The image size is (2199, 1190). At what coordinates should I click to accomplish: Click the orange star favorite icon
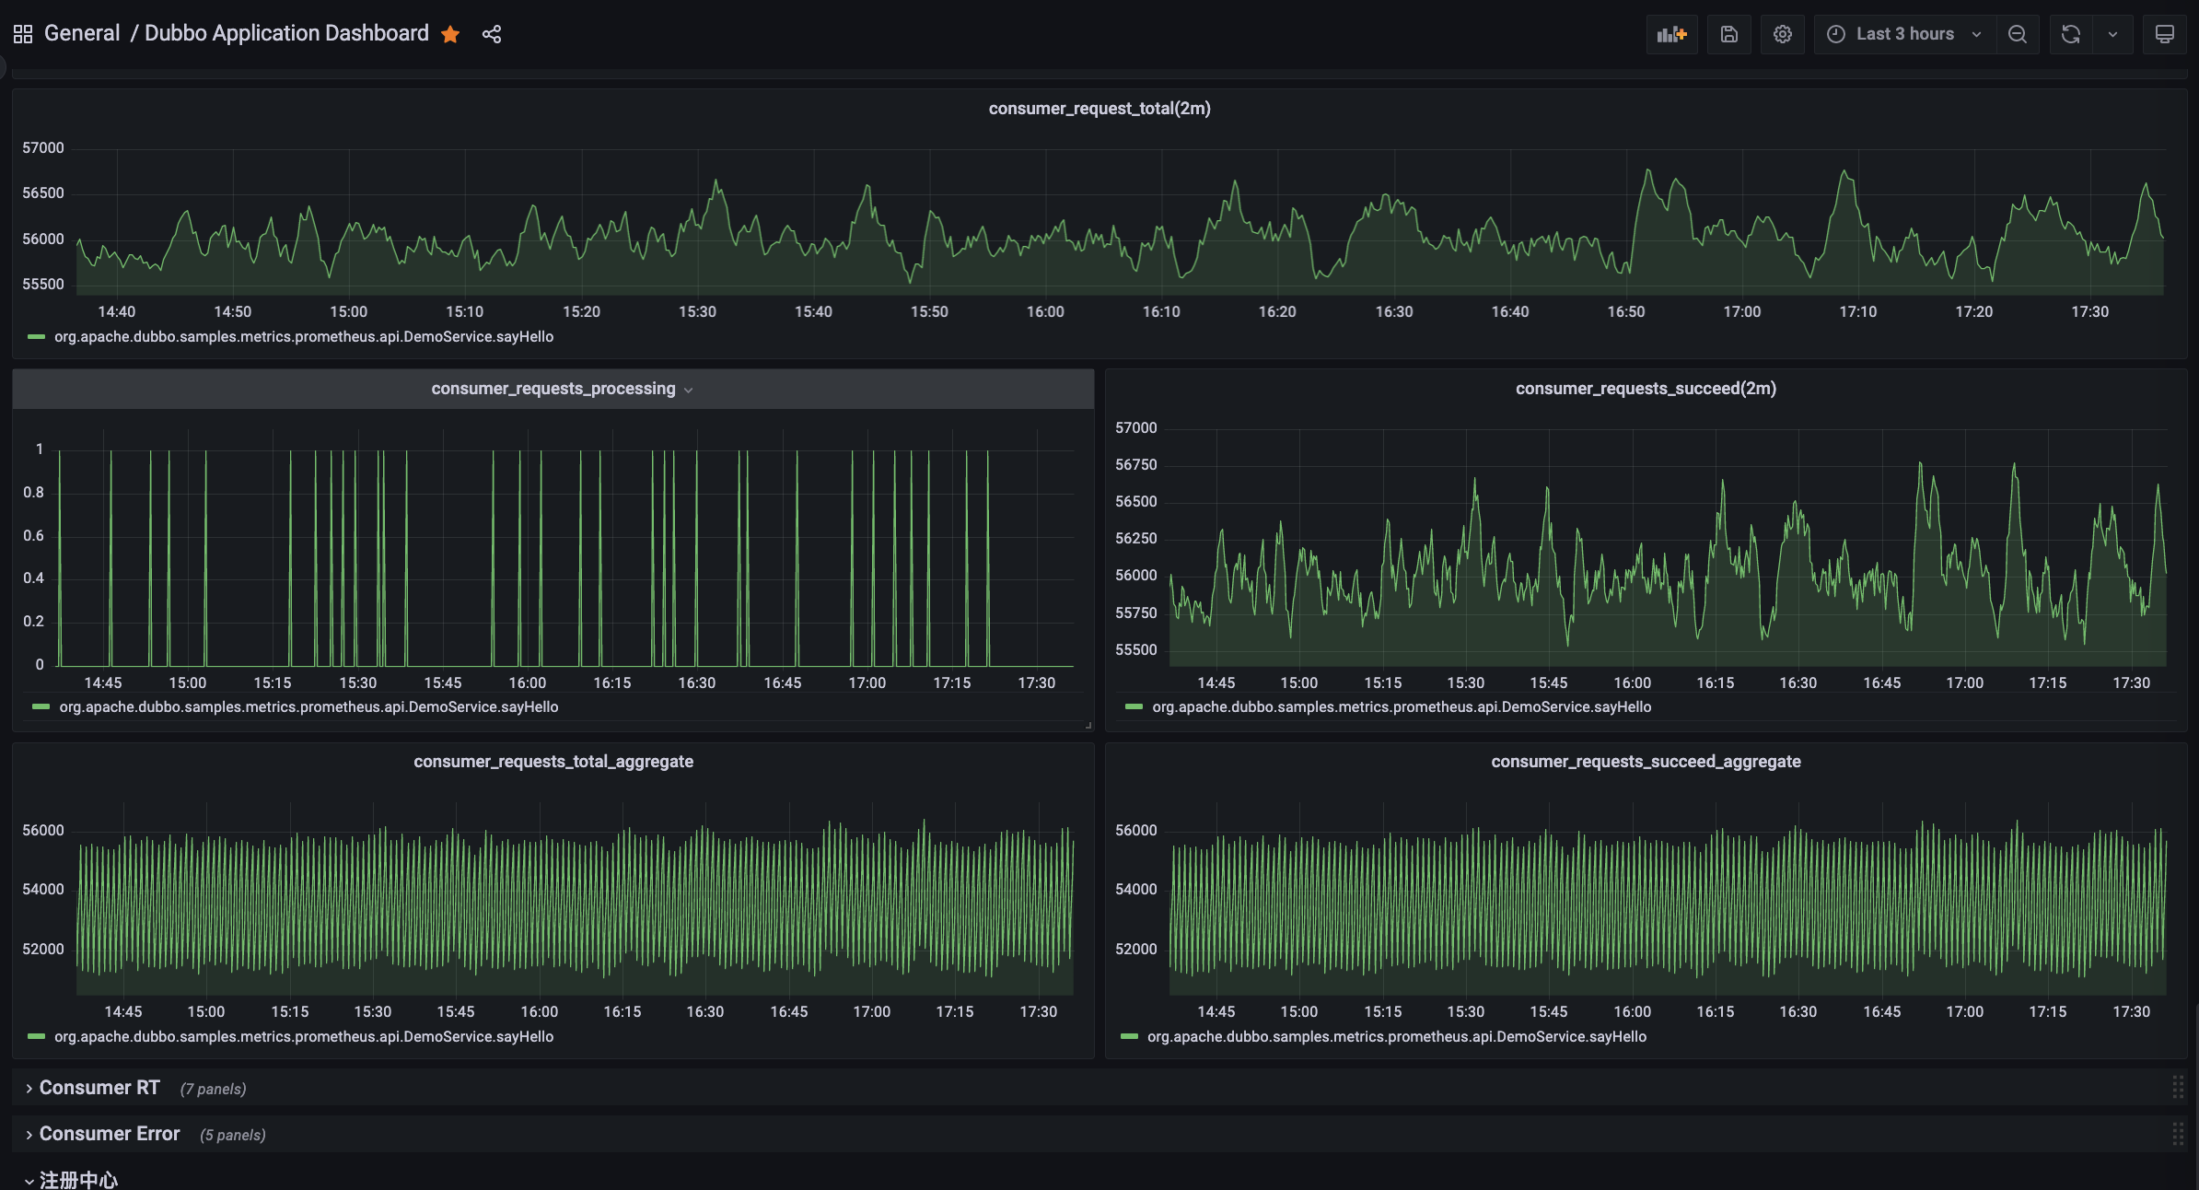(450, 34)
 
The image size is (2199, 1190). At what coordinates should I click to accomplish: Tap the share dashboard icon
(492, 34)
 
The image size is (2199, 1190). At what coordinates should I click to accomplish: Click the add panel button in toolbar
(1671, 34)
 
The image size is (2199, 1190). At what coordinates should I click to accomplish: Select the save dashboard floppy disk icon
(1728, 34)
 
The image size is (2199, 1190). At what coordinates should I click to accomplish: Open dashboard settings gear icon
(1783, 34)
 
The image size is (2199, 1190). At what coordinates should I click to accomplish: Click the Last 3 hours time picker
(1903, 34)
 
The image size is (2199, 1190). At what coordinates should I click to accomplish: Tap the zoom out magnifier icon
(2017, 34)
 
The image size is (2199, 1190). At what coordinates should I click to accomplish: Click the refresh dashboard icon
(2071, 34)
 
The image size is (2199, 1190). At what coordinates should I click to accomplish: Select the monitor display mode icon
(2164, 34)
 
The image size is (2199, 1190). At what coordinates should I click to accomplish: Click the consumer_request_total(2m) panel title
(1099, 109)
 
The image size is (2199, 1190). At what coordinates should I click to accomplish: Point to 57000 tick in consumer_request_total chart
(43, 147)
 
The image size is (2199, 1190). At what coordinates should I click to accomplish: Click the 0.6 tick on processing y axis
(33, 535)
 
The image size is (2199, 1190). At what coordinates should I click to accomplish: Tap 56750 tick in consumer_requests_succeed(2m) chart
(1135, 464)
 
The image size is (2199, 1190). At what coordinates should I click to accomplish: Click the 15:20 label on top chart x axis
(581, 311)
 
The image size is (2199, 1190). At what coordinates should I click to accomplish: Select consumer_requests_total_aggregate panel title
(553, 762)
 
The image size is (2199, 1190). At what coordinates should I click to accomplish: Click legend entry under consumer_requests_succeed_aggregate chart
(1396, 1036)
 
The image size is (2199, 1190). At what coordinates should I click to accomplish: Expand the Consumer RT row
(99, 1088)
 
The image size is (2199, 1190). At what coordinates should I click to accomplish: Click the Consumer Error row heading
(109, 1134)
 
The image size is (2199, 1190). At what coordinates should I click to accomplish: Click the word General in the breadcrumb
(82, 33)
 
